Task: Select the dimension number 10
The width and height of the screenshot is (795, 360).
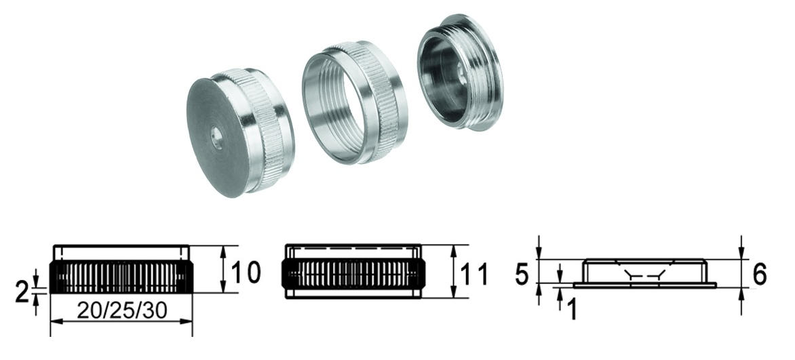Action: (x=245, y=273)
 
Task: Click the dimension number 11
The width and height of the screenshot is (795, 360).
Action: (x=474, y=275)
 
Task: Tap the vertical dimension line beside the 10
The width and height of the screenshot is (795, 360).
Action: (x=223, y=270)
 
